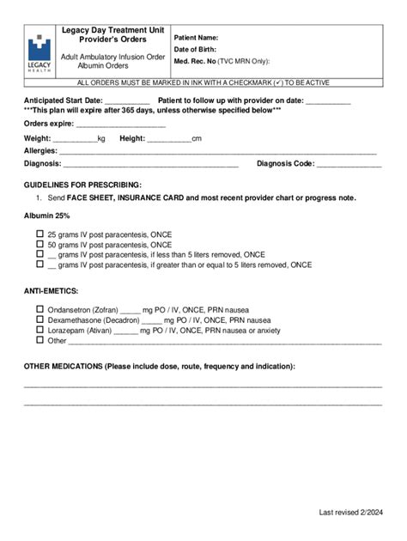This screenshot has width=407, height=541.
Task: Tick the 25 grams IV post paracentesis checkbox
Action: click(x=39, y=234)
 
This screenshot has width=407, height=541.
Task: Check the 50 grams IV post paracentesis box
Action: click(x=39, y=244)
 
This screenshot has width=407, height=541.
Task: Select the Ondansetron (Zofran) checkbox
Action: click(x=39, y=309)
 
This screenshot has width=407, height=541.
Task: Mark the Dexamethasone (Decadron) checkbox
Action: click(x=39, y=319)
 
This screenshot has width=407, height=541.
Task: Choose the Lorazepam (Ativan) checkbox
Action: click(x=39, y=330)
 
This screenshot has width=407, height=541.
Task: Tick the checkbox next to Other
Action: click(x=39, y=340)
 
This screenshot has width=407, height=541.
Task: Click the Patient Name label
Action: click(x=197, y=38)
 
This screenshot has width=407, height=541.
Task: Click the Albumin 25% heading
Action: click(x=47, y=216)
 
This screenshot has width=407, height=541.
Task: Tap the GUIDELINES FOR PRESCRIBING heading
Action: click(x=82, y=185)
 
